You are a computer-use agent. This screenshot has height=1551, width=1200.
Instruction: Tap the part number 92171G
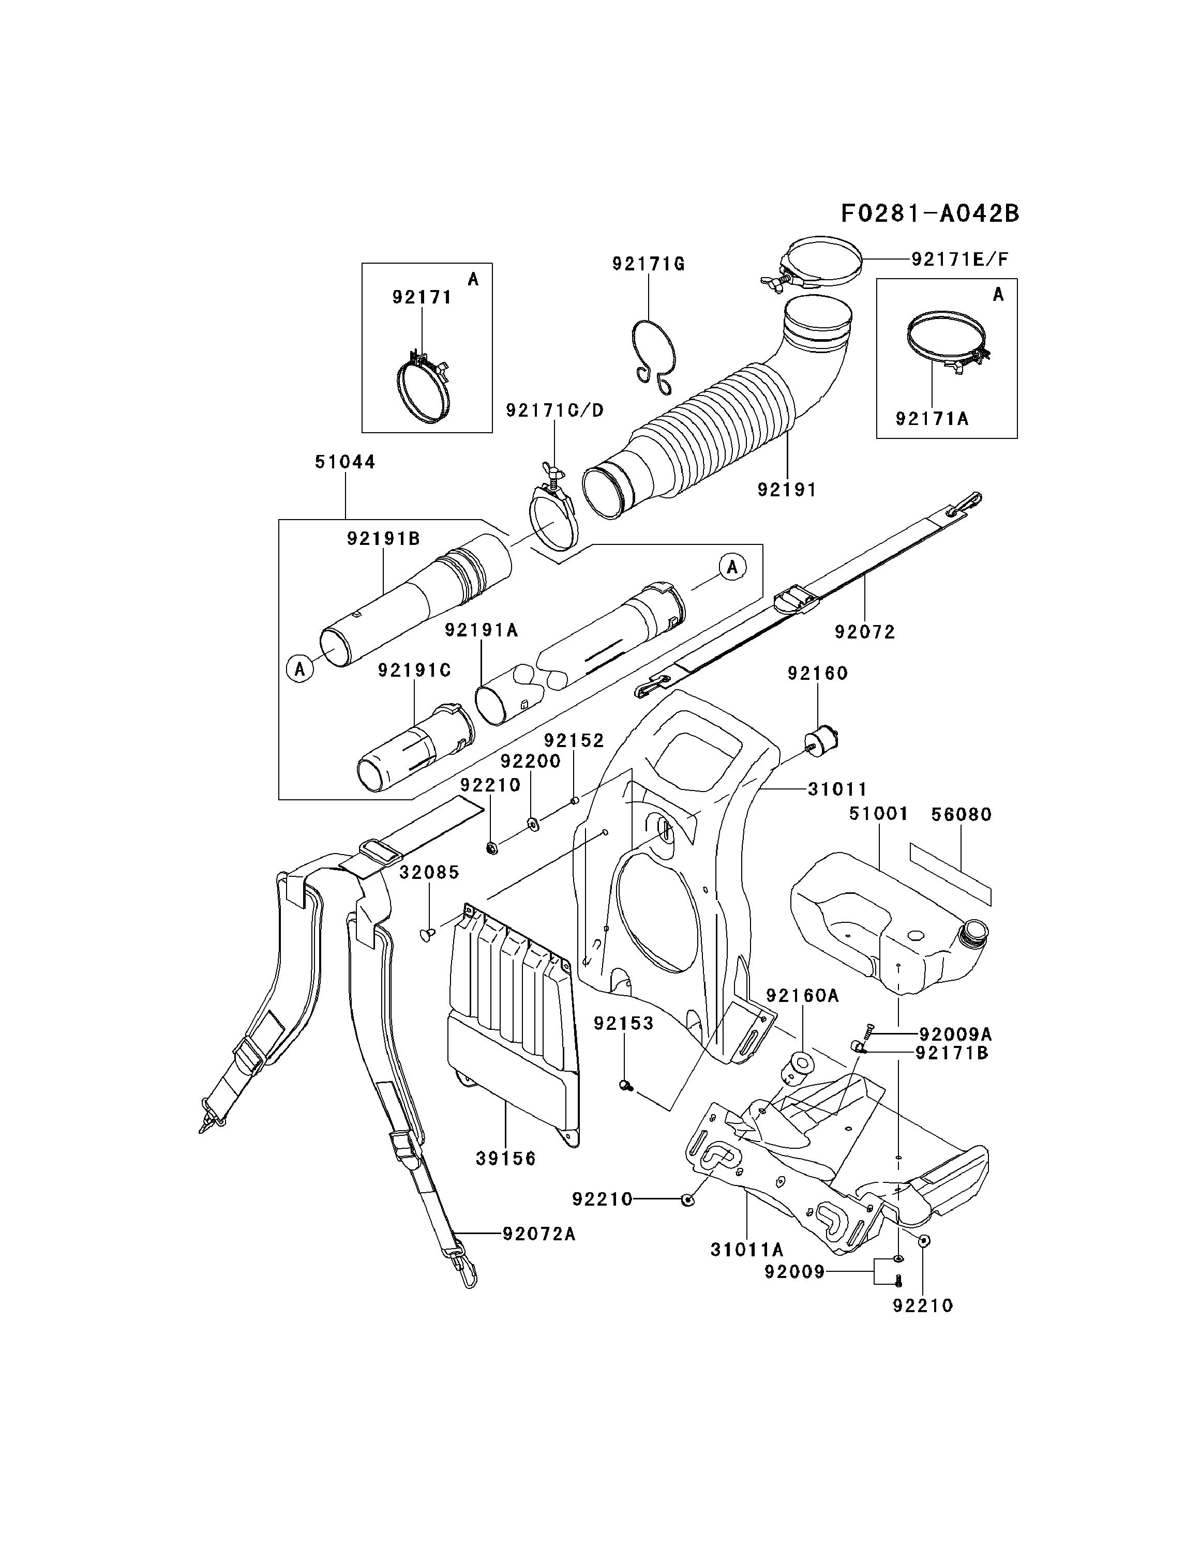[x=648, y=264]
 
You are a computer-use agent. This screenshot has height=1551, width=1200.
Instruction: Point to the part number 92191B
[x=384, y=539]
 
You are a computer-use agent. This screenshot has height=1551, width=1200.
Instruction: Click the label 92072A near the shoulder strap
[x=538, y=1234]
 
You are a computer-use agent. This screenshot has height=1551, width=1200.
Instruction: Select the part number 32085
[x=429, y=872]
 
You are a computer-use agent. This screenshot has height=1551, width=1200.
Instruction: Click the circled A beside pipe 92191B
[x=300, y=669]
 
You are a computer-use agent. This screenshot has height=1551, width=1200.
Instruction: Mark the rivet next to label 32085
[x=428, y=935]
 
